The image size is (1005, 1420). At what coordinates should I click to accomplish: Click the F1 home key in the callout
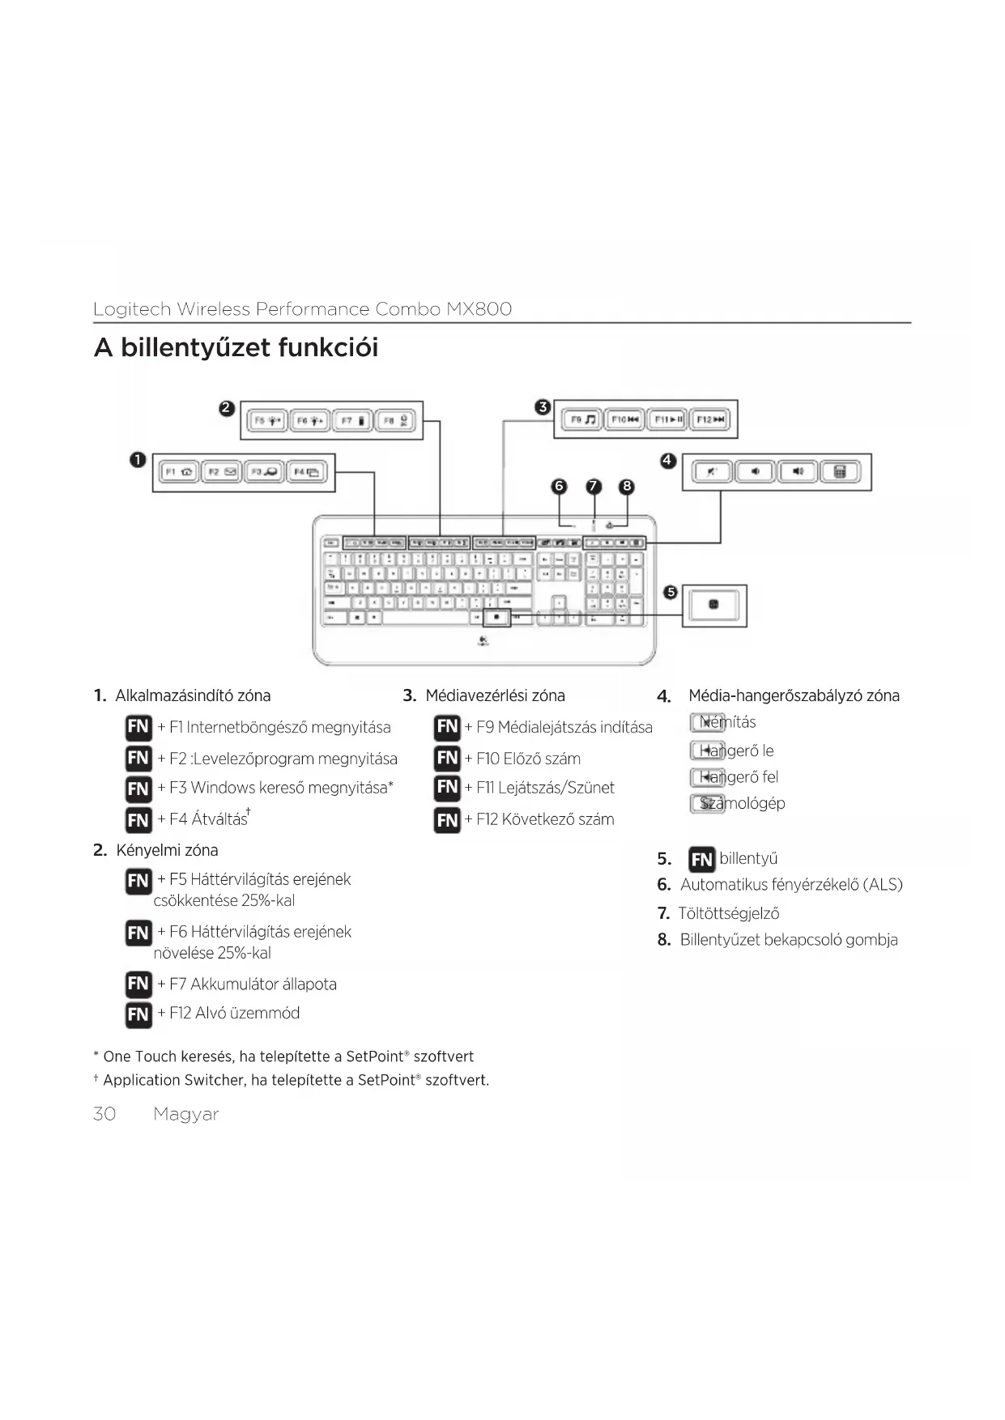tap(178, 472)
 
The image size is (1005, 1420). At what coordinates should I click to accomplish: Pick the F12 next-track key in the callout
tap(711, 419)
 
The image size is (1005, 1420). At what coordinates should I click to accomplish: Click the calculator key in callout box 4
tap(841, 472)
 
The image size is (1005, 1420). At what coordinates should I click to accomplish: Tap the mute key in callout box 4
tap(712, 472)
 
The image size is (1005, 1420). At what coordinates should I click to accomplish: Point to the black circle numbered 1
tap(138, 460)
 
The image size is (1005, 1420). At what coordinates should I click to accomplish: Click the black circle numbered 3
tap(543, 406)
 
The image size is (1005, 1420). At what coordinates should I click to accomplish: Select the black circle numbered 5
tap(671, 592)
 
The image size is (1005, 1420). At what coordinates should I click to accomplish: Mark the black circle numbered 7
tap(594, 486)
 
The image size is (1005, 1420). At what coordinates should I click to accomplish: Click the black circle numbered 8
tap(626, 486)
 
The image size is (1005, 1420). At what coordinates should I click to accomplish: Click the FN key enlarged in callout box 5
tap(713, 605)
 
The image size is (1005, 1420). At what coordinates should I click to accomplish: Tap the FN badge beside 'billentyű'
tap(701, 859)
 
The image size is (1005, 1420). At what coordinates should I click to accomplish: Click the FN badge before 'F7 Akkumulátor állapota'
tap(138, 984)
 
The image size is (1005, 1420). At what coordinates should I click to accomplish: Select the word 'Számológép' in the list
tap(743, 803)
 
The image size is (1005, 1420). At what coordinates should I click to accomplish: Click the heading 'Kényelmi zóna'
tap(167, 850)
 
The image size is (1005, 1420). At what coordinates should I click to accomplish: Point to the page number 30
tap(104, 1114)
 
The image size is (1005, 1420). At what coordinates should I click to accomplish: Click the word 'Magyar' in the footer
tap(186, 1114)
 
